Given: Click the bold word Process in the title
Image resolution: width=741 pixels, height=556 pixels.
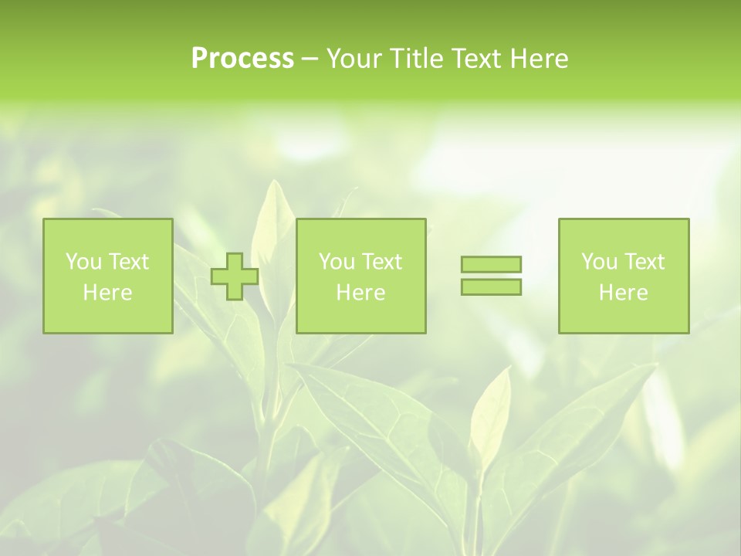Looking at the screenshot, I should [242, 59].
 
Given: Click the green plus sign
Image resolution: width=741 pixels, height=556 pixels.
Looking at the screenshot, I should [235, 276].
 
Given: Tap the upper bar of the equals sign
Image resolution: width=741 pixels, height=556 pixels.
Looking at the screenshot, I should [491, 264].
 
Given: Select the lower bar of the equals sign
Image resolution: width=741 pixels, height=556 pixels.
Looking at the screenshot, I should [491, 287].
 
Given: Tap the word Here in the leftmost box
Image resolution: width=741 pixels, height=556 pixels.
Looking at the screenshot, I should [107, 293].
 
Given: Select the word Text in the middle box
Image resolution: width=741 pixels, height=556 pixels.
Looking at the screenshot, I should [382, 262].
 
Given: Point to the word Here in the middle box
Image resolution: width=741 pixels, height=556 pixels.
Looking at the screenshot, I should [360, 293].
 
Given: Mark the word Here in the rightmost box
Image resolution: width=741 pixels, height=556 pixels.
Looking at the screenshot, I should [623, 293].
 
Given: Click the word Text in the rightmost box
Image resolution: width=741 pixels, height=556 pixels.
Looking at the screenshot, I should [645, 262].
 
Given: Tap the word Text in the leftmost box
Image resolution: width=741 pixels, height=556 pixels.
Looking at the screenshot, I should [129, 262].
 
